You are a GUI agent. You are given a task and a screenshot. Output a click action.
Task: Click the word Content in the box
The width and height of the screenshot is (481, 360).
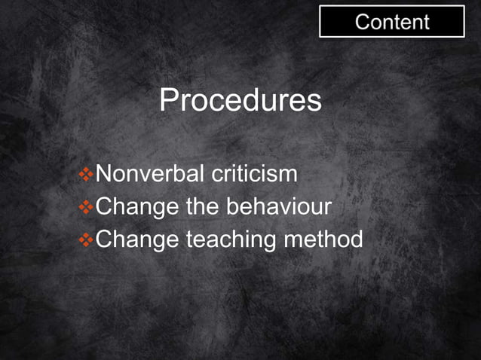[x=392, y=22]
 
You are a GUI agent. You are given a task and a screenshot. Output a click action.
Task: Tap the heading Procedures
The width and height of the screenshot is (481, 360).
[x=240, y=101]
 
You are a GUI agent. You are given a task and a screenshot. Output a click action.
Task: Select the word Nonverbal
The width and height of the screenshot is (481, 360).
[x=151, y=174]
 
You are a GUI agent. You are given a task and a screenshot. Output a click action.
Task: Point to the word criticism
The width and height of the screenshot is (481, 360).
[x=254, y=174]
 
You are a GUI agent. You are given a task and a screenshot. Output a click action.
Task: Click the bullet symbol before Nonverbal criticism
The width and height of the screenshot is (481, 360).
[x=86, y=175]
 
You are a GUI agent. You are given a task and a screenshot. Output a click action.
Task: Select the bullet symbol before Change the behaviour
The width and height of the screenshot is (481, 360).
[x=86, y=207]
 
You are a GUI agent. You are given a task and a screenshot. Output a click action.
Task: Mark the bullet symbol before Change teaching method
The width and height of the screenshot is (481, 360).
[x=86, y=240]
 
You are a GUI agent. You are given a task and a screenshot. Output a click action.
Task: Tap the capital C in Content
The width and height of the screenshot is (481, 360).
[x=363, y=22]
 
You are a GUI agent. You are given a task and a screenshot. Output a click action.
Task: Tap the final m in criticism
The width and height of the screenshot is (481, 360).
[x=288, y=175]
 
